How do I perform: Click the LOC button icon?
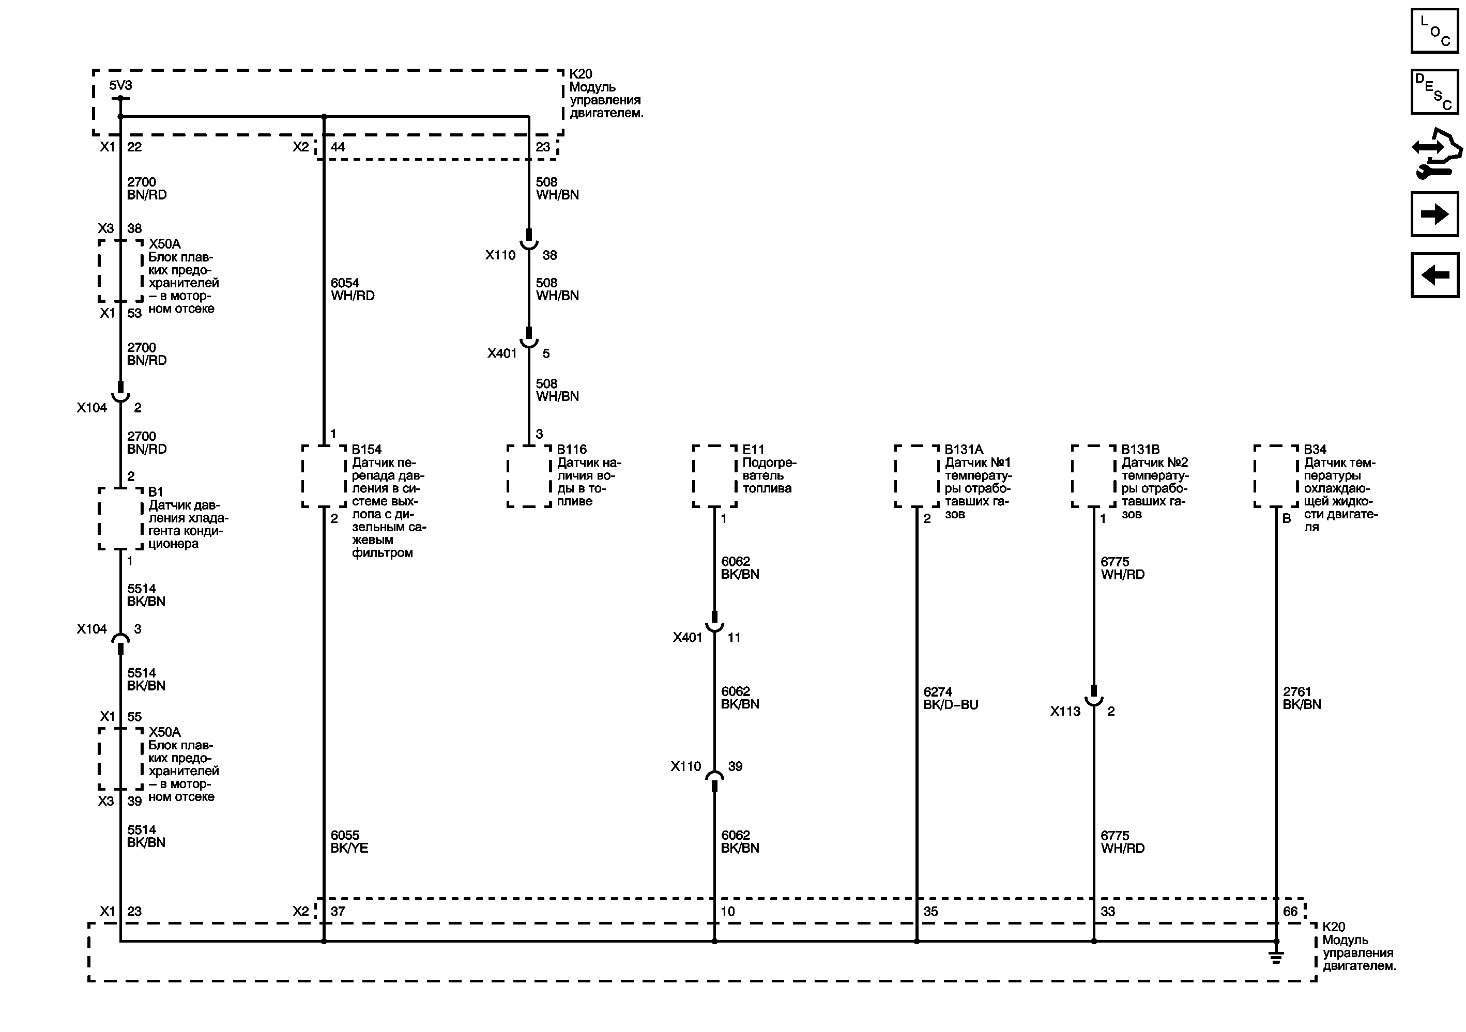click(1434, 30)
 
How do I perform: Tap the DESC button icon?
click(1434, 92)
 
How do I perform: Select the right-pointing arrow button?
click(1434, 214)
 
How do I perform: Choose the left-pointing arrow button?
click(1434, 275)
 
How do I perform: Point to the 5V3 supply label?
click(120, 85)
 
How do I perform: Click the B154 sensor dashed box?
click(324, 476)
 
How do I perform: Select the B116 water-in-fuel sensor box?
click(529, 476)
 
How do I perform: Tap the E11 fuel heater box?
click(714, 476)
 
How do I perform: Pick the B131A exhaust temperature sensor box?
click(916, 476)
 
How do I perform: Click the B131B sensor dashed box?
click(1093, 476)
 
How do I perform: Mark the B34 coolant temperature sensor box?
click(1276, 476)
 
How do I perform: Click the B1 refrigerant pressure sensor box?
click(120, 518)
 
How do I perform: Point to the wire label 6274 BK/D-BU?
click(950, 698)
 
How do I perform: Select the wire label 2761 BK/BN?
click(1301, 698)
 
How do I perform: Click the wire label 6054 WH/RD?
click(352, 289)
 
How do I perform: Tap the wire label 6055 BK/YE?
click(348, 841)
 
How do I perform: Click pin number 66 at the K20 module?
click(1290, 912)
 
